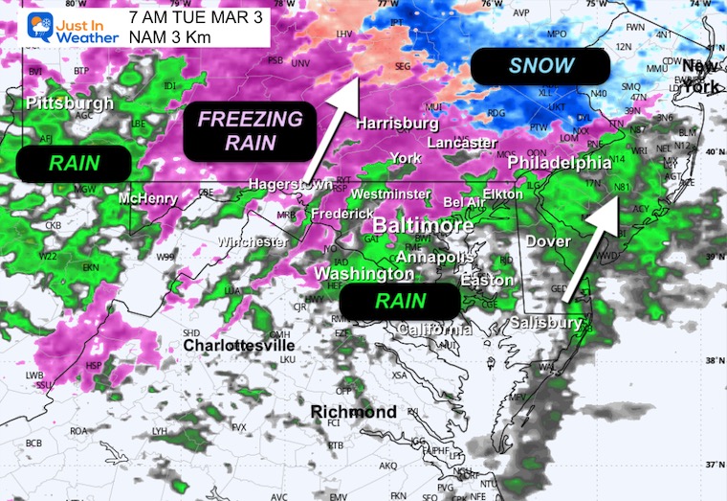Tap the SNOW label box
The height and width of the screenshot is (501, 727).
[x=541, y=66]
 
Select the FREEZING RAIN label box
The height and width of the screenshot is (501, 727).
[x=250, y=131]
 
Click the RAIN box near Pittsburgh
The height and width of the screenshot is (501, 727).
[x=73, y=163]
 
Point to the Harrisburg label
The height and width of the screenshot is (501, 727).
[x=397, y=124]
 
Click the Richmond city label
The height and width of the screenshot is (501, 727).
[x=354, y=411]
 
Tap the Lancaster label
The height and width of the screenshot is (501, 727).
[x=462, y=142]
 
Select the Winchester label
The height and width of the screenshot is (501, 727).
[x=253, y=242]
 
